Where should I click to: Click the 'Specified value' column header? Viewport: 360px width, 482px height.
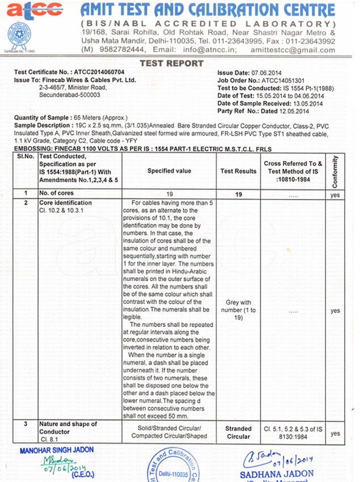point(169,171)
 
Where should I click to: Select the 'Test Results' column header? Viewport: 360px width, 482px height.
point(238,171)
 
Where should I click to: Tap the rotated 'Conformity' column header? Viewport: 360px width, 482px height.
point(335,170)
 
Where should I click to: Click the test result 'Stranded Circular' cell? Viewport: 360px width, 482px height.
point(238,432)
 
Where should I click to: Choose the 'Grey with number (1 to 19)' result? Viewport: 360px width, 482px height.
point(238,310)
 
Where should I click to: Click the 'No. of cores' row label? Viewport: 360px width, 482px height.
point(56,193)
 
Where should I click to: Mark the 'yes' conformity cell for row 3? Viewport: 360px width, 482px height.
point(335,433)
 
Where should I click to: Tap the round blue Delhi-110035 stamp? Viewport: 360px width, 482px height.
point(173,466)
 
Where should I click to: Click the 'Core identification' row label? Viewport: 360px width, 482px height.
point(65,202)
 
